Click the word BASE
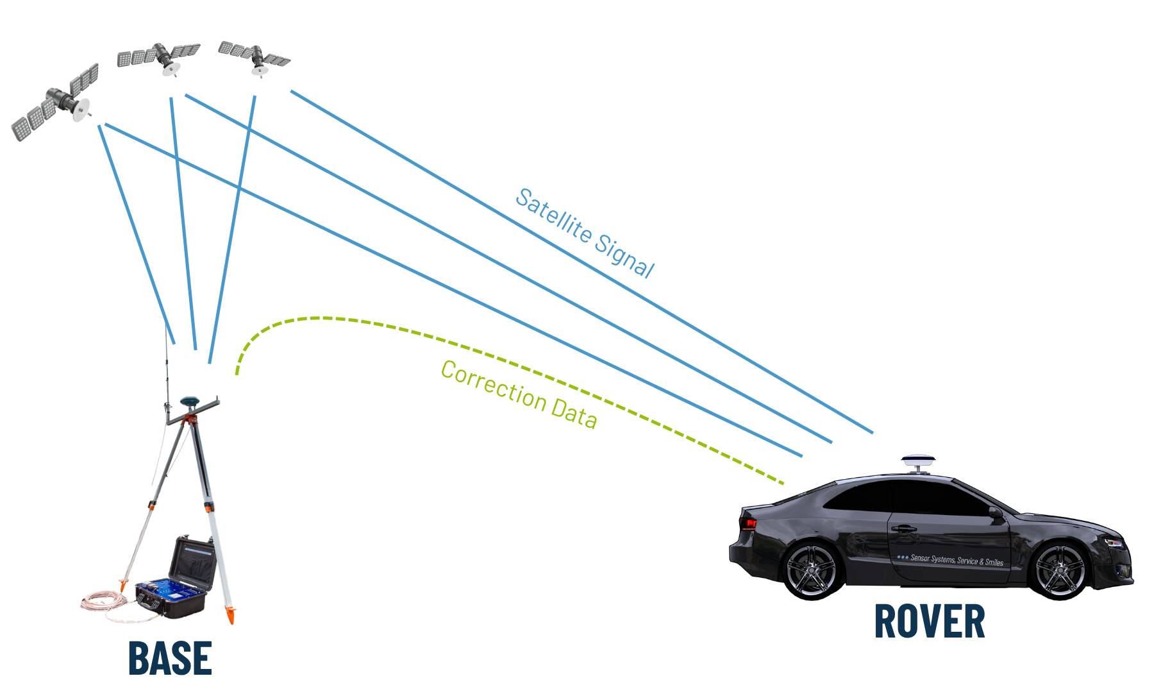pyautogui.click(x=170, y=657)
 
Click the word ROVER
pyautogui.click(x=929, y=621)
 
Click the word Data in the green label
pyautogui.click(x=574, y=414)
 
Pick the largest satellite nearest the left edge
pyautogui.click(x=56, y=102)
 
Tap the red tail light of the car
pyautogui.click(x=748, y=523)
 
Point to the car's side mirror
pyautogui.click(x=995, y=513)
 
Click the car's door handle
pyautogui.click(x=903, y=529)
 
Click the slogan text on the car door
pyautogui.click(x=951, y=560)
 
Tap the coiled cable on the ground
pyautogui.click(x=106, y=604)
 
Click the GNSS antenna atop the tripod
pyautogui.click(x=188, y=401)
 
